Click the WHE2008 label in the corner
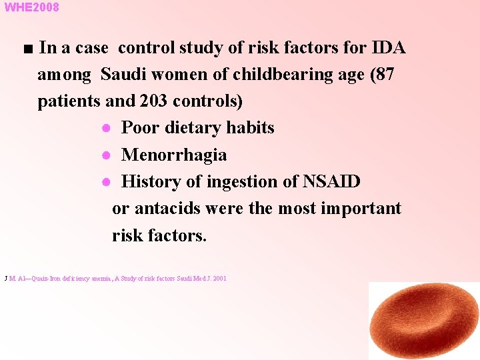tap(31, 7)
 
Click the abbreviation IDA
tap(389, 48)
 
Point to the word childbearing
tap(263, 75)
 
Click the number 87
tap(384, 75)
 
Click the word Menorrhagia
tap(174, 155)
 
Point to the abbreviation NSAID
tap(332, 181)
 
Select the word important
tap(361, 209)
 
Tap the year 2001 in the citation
tap(219, 278)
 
